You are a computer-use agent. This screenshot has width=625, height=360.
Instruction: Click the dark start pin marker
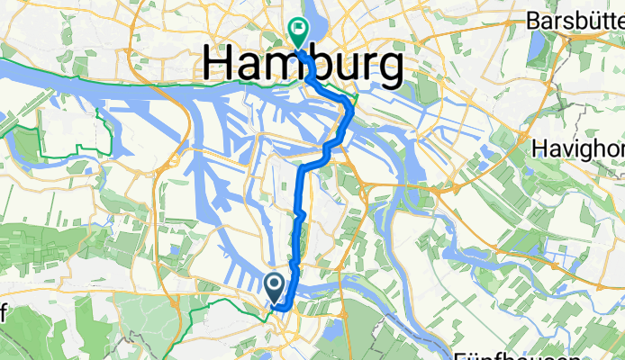click(276, 287)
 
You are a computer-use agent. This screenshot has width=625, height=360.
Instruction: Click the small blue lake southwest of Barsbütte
click(539, 43)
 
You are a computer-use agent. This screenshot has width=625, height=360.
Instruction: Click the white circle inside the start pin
click(276, 283)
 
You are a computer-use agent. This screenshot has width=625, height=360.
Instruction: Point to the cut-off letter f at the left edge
click(3, 310)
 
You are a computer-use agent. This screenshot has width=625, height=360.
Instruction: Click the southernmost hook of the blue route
click(282, 308)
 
